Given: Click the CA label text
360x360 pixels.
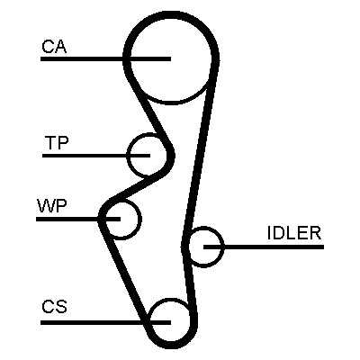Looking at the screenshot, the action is (54, 47).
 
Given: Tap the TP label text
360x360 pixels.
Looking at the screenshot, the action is (57, 143).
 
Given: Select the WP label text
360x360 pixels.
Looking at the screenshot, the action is (52, 206).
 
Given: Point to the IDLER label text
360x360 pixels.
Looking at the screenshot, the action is (294, 233).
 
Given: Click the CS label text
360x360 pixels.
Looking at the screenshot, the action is (54, 306).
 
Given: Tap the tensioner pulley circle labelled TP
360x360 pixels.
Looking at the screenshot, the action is (128, 156).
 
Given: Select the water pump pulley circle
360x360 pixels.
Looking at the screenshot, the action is (139, 220).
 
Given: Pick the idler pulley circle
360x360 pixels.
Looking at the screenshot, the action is (223, 247).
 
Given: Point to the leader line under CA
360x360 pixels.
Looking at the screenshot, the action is (105, 59).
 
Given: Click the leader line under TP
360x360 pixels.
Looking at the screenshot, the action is (96, 156).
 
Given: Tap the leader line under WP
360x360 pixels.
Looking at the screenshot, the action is (78, 220).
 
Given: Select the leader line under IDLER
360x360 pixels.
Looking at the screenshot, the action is (264, 247).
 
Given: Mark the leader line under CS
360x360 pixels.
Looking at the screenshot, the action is (105, 322).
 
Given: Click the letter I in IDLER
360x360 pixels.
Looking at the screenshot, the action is (268, 233).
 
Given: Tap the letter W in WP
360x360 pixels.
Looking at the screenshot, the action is (46, 206).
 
